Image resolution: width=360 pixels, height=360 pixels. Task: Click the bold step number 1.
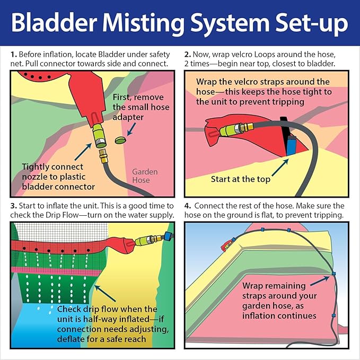13,54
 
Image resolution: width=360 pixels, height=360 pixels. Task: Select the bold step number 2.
188,54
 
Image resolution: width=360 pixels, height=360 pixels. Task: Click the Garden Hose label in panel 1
145,176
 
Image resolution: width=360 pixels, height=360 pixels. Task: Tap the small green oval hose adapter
120,140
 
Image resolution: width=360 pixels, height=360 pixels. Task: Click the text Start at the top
241,179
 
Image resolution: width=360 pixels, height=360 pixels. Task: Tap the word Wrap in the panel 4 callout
254,286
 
